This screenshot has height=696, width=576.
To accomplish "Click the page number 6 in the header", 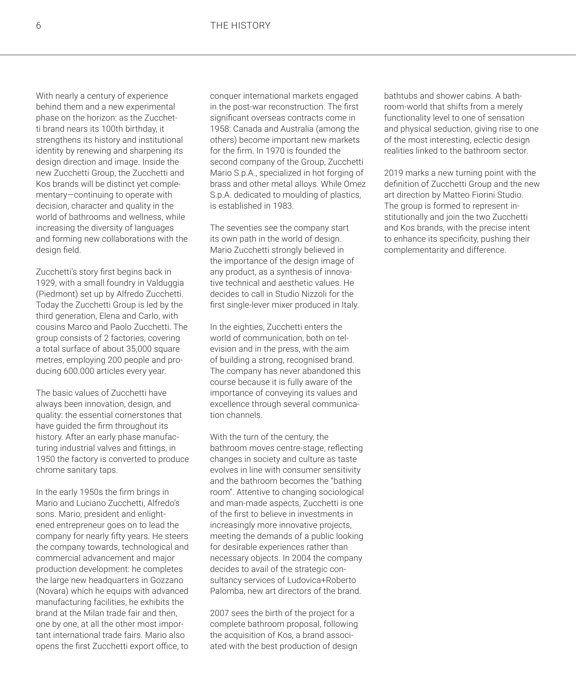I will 39,26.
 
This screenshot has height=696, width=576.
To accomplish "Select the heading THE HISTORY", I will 240,26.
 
